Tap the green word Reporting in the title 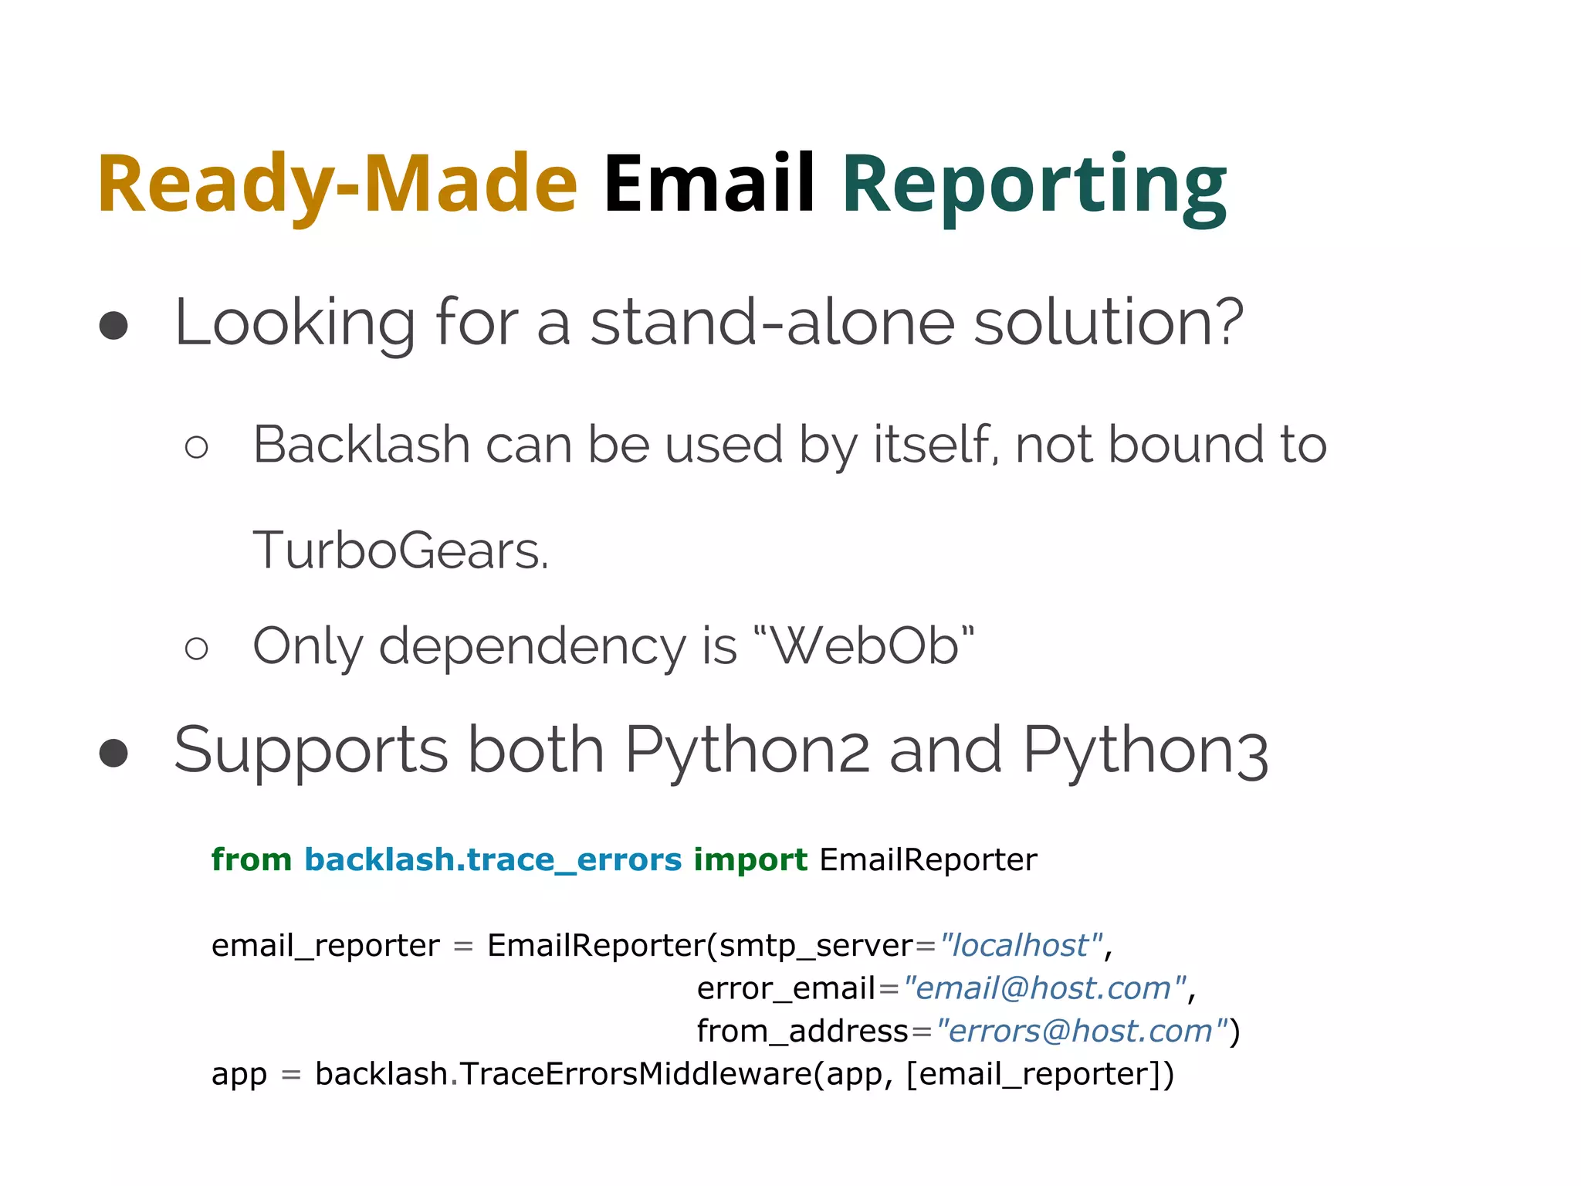[x=1034, y=185]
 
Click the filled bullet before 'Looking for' [x=113, y=325]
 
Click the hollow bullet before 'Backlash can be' [x=197, y=447]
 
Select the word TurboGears [x=400, y=551]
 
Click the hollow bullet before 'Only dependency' [x=197, y=648]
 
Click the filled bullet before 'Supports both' [x=113, y=753]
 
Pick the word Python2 [x=746, y=751]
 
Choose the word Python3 [x=1145, y=751]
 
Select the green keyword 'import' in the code [x=750, y=859]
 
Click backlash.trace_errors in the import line [x=493, y=860]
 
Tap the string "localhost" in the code [x=1021, y=945]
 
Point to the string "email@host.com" [x=1044, y=988]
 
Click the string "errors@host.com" [x=1081, y=1031]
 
